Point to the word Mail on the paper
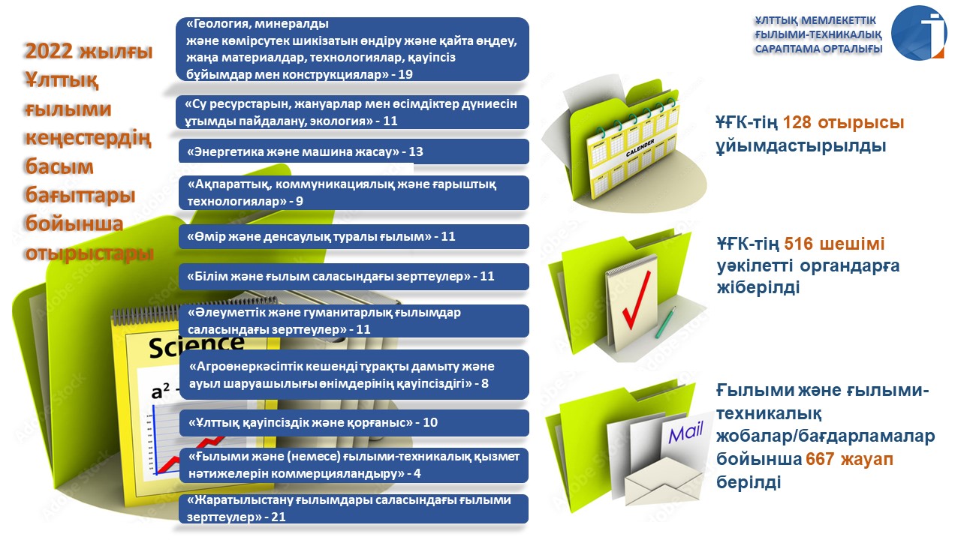click(x=685, y=433)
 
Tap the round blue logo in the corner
click(x=919, y=32)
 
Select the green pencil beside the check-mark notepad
click(x=665, y=322)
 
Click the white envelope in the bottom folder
click(x=664, y=481)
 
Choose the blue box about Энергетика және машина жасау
click(x=354, y=151)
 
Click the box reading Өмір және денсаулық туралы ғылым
click(x=354, y=236)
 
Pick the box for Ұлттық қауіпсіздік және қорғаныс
click(x=354, y=422)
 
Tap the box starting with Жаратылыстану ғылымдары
click(x=354, y=508)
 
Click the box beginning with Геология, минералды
click(x=352, y=49)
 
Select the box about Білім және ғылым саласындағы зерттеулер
click(x=354, y=277)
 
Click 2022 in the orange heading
click(x=49, y=51)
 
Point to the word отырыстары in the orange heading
click(x=89, y=253)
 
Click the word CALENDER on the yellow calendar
click(x=640, y=148)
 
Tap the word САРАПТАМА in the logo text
click(x=782, y=49)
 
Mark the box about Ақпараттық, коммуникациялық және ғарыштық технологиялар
click(x=354, y=193)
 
